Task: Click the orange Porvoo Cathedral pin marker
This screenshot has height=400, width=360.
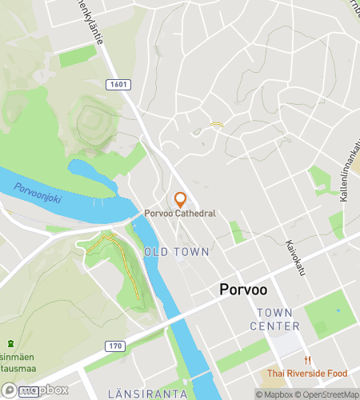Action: [x=181, y=198]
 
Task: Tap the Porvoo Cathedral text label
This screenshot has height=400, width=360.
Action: [x=180, y=213]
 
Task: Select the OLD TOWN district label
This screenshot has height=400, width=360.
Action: [x=177, y=252]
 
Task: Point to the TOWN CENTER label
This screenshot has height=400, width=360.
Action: [x=274, y=318]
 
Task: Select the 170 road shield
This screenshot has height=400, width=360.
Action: [x=116, y=346]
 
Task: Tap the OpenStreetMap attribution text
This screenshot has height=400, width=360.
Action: [x=329, y=394]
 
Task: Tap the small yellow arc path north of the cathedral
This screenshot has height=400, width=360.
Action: [x=216, y=125]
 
